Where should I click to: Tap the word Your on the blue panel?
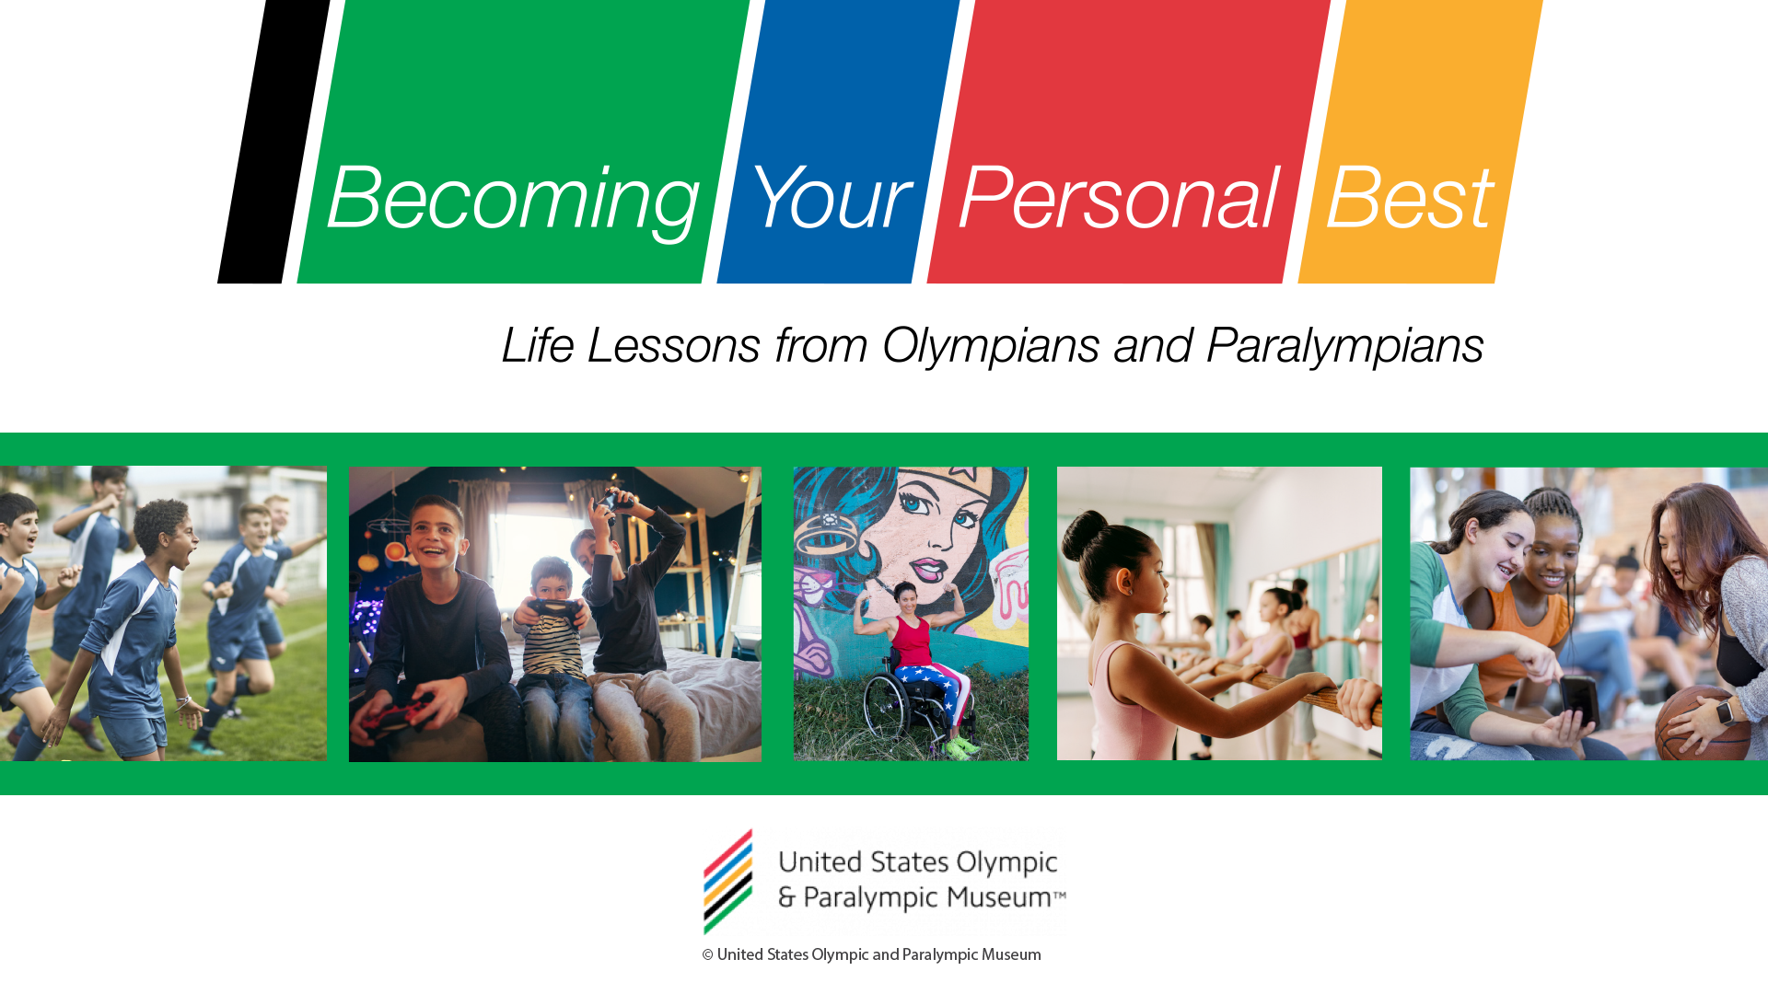(830, 196)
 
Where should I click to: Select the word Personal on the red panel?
(1118, 196)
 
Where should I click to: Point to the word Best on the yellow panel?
(1409, 196)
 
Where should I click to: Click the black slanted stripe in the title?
(273, 142)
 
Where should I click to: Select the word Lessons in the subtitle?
(673, 346)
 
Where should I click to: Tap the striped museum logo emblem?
(728, 881)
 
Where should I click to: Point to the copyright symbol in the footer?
(707, 955)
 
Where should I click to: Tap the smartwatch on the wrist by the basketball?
(1726, 711)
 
